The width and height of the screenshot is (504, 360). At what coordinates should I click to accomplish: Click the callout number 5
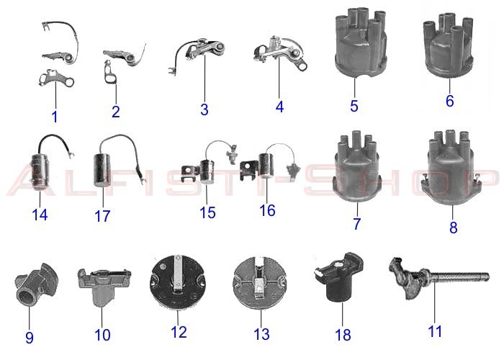[x=354, y=106]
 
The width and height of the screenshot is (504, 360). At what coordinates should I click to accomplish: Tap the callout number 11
[x=435, y=331]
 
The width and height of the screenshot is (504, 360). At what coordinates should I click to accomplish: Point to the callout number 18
[x=343, y=334]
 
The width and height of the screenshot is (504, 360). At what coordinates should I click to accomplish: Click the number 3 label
[x=204, y=109]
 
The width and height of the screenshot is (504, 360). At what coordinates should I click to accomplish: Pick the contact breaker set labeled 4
[x=277, y=58]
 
